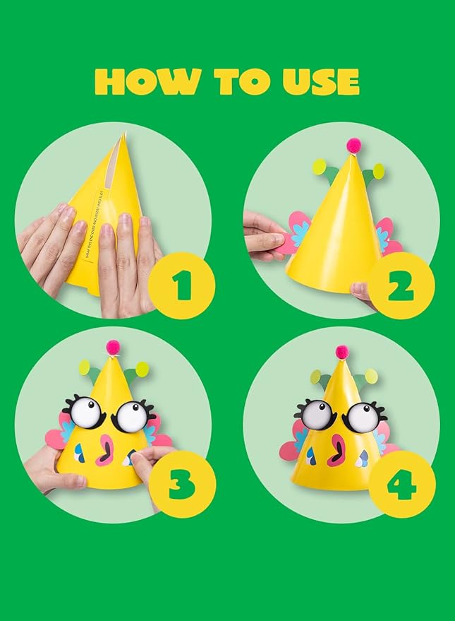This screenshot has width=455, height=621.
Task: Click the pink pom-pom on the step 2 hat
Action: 353,145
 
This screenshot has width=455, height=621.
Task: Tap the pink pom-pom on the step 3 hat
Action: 113,347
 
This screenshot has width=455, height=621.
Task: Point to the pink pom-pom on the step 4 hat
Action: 342,351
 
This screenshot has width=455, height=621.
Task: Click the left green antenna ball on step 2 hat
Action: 320,167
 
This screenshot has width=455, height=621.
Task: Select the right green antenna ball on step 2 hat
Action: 378,171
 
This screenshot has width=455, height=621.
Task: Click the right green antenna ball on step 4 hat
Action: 371,376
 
